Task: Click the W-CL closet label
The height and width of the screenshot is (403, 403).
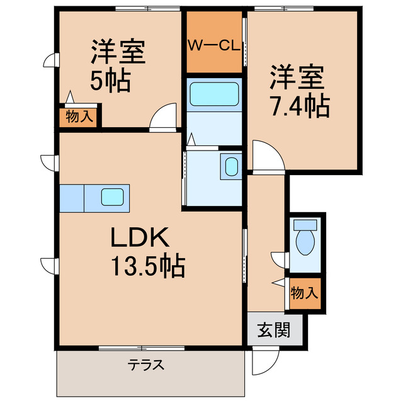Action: (214, 45)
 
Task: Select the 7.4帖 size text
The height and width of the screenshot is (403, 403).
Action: (300, 106)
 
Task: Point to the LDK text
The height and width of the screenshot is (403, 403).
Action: (140, 237)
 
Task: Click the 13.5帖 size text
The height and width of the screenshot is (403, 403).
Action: (149, 267)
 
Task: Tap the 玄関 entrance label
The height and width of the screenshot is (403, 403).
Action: (274, 330)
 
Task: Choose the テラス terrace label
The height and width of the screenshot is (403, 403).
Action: (146, 365)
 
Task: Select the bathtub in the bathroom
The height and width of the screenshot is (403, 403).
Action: (214, 95)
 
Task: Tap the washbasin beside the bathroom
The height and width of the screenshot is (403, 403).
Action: (231, 167)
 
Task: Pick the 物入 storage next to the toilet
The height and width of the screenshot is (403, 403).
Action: (305, 293)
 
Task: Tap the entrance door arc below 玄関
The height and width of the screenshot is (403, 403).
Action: (265, 359)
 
